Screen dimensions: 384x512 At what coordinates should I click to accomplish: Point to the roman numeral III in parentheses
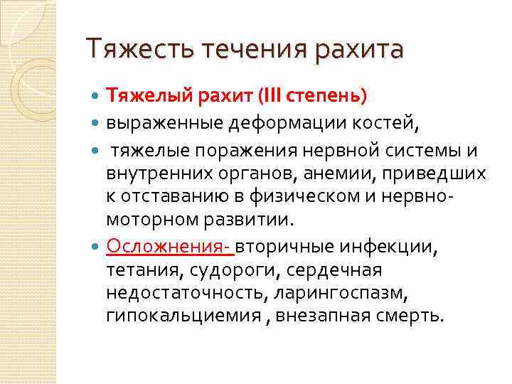coord(272,95)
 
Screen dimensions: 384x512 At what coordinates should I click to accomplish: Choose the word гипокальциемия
coord(183,316)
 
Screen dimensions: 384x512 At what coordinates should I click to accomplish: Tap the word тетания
coord(142,270)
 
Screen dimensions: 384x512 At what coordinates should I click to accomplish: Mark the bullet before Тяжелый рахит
coord(97,95)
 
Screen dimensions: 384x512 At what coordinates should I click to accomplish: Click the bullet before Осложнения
coord(97,247)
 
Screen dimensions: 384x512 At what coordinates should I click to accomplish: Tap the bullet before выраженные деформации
coord(97,124)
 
